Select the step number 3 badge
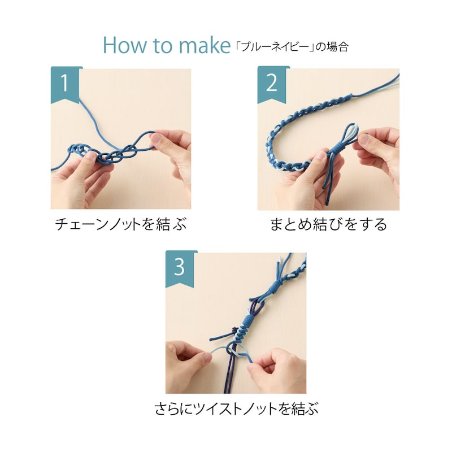click(x=180, y=269)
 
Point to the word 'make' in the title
click(x=205, y=45)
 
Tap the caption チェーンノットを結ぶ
click(x=121, y=224)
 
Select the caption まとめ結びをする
click(x=328, y=224)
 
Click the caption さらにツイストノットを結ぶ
click(x=236, y=408)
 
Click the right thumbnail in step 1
click(x=157, y=140)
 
